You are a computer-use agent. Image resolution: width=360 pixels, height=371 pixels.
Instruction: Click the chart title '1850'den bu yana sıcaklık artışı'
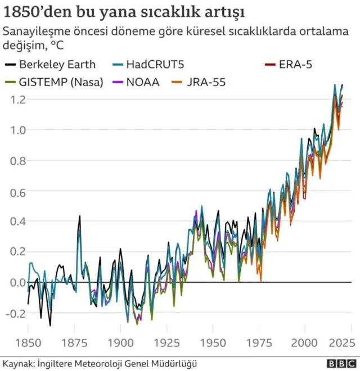[120, 12]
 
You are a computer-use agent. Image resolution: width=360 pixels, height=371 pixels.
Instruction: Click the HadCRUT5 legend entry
[147, 65]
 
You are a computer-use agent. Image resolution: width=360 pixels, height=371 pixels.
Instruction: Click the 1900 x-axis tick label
[120, 341]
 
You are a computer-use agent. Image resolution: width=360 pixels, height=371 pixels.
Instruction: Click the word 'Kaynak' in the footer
[18, 363]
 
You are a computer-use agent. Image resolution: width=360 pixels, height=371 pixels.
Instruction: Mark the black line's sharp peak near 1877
[79, 216]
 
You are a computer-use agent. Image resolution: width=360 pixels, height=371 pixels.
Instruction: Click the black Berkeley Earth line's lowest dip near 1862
[50, 325]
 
